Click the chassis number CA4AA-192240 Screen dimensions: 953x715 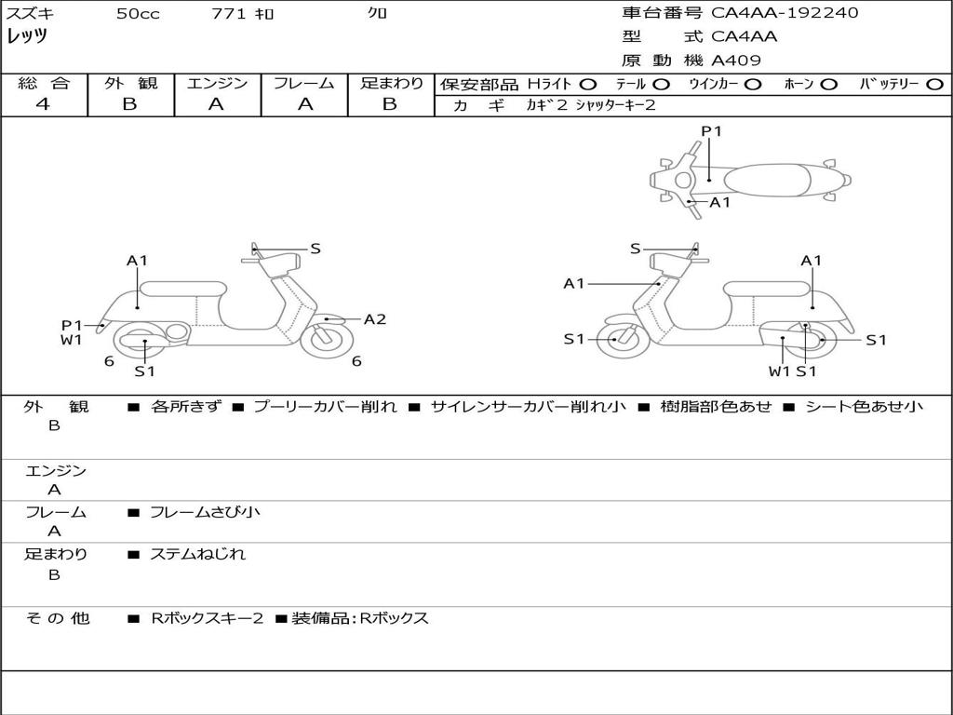(x=785, y=13)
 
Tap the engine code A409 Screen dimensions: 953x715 (x=736, y=61)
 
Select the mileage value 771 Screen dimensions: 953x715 (x=228, y=14)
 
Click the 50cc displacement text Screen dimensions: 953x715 (x=138, y=14)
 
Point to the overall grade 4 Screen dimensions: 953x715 (x=43, y=104)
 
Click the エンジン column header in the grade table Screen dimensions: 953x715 (x=217, y=84)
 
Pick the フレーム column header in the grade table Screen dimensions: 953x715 (x=303, y=84)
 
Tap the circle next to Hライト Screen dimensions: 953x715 (x=587, y=85)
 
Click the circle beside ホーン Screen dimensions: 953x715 (x=828, y=85)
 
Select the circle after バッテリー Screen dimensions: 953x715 (x=934, y=85)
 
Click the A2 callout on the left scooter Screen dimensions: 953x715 (x=374, y=319)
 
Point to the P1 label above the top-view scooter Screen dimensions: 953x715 (x=711, y=131)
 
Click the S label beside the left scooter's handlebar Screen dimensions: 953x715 (x=315, y=249)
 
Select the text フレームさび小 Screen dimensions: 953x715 (x=205, y=512)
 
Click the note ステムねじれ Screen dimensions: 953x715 (x=197, y=554)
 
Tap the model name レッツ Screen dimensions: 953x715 (x=27, y=37)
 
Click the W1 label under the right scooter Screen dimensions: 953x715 (x=779, y=371)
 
